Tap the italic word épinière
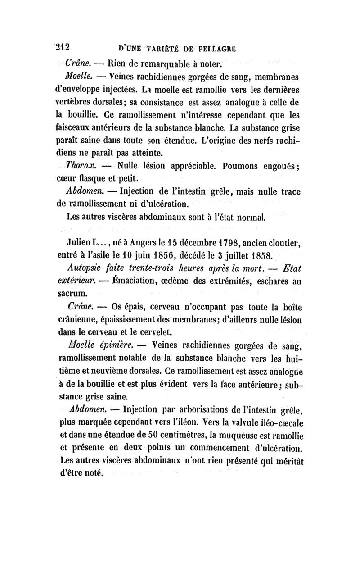tap(113, 346)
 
